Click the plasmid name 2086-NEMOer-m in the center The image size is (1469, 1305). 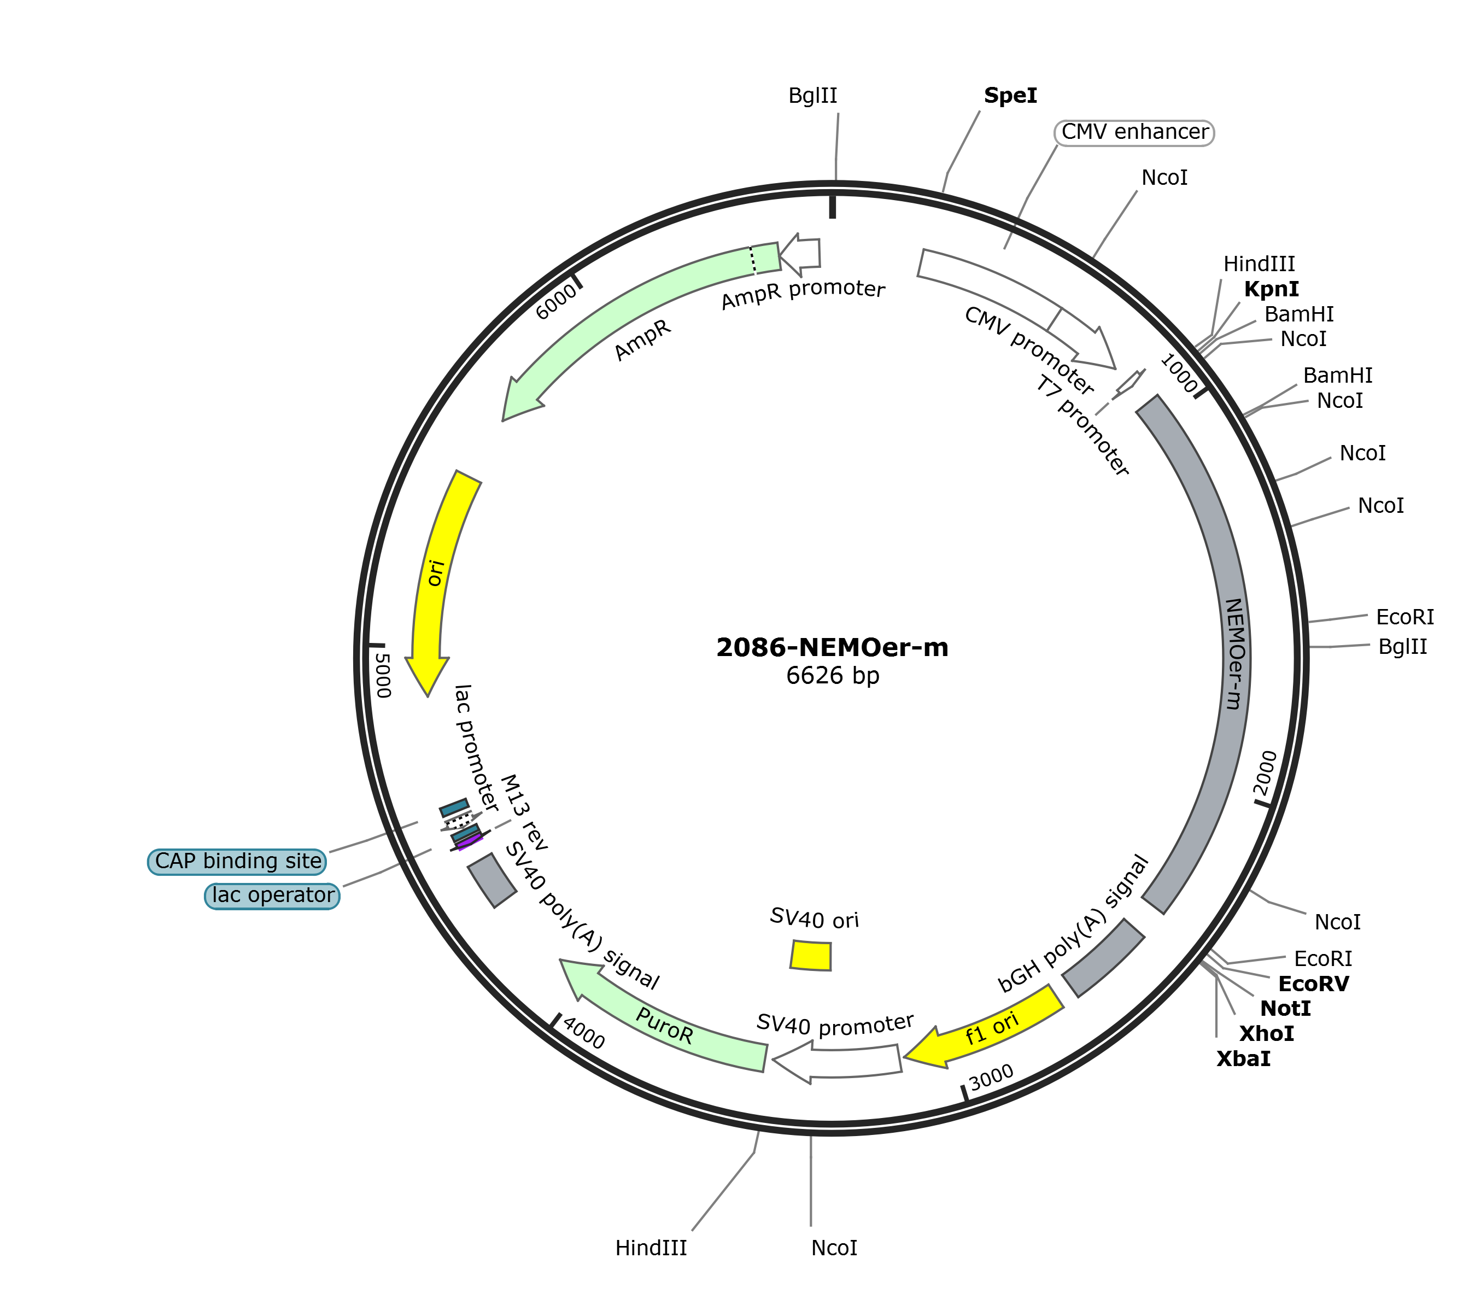pos(832,647)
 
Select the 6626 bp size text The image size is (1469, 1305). pos(832,676)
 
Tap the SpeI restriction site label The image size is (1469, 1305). pos(1010,96)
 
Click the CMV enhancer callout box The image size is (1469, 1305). pos(1134,132)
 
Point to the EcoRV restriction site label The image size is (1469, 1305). pos(1314,984)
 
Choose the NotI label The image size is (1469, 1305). pos(1286,1009)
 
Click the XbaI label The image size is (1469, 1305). pos(1243,1058)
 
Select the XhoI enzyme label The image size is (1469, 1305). pos(1266,1033)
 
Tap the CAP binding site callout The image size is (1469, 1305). pos(237,861)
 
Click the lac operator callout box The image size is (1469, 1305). pos(272,896)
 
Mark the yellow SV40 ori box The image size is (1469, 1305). pos(811,955)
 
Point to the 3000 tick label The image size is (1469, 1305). pos(991,1076)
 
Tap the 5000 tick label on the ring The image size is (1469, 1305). pos(383,676)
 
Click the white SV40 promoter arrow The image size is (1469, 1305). pos(836,1063)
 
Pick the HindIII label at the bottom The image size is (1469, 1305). pos(651,1248)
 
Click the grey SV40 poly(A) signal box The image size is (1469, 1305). pos(491,880)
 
